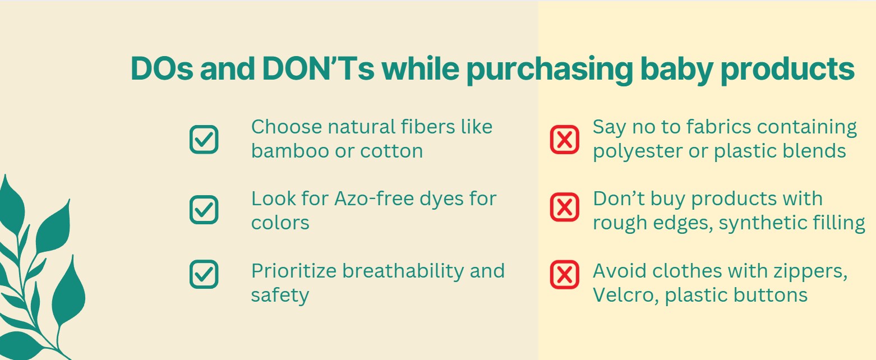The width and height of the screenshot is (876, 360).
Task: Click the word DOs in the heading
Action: (162, 68)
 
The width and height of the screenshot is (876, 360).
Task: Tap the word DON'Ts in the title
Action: (318, 68)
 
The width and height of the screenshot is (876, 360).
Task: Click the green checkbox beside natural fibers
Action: (204, 139)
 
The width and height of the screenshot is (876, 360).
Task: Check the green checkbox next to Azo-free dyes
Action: (204, 210)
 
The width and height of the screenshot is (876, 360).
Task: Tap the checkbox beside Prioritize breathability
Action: (204, 274)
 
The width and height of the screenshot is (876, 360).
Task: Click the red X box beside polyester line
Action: (564, 139)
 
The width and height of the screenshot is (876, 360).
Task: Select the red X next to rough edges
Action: (564, 207)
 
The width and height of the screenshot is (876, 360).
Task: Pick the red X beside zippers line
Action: (564, 274)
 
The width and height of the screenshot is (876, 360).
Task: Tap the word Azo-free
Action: (374, 199)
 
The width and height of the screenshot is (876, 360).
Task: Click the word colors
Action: (280, 223)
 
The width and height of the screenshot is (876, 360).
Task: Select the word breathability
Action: (403, 271)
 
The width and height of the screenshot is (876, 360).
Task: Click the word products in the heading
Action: (787, 70)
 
